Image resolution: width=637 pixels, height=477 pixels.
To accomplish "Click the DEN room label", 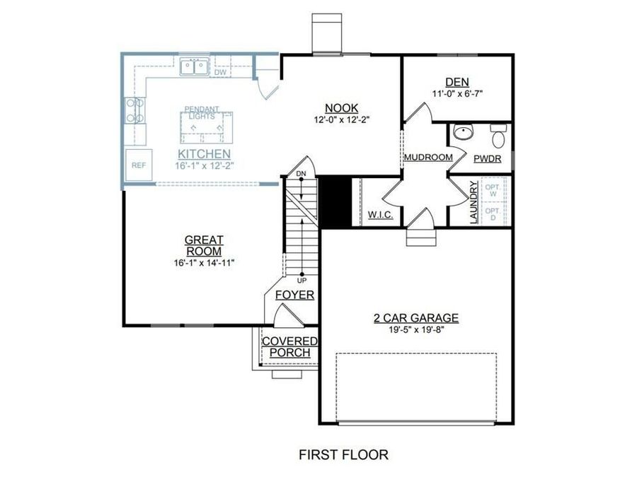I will coord(457,82).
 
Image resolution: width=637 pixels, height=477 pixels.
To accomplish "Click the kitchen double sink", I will coord(193,68).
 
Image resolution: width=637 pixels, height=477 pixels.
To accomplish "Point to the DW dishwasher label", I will coord(220,72).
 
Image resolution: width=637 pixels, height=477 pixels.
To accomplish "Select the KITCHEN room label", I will coord(204,153).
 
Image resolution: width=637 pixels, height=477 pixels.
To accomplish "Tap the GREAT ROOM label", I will coord(204,245).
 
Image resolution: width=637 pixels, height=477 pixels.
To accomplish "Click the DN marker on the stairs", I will coord(302,173).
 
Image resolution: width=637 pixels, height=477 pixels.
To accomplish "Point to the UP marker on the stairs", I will coord(302,280).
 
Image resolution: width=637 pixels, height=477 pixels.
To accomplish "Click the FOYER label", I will coord(294,295).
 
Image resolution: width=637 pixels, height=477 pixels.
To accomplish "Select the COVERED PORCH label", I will coord(289,347).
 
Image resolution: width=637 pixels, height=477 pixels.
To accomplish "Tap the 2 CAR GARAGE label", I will coord(416,317).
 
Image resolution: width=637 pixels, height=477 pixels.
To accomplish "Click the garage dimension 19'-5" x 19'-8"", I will coord(416,329).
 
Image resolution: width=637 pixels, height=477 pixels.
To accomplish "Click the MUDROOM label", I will coord(428,157).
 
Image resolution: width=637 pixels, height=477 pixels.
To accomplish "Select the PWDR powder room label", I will coord(487,159).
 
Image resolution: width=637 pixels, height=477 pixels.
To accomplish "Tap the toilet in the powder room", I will coord(498,133).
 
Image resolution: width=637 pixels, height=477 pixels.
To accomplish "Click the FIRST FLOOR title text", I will coord(342,454).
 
